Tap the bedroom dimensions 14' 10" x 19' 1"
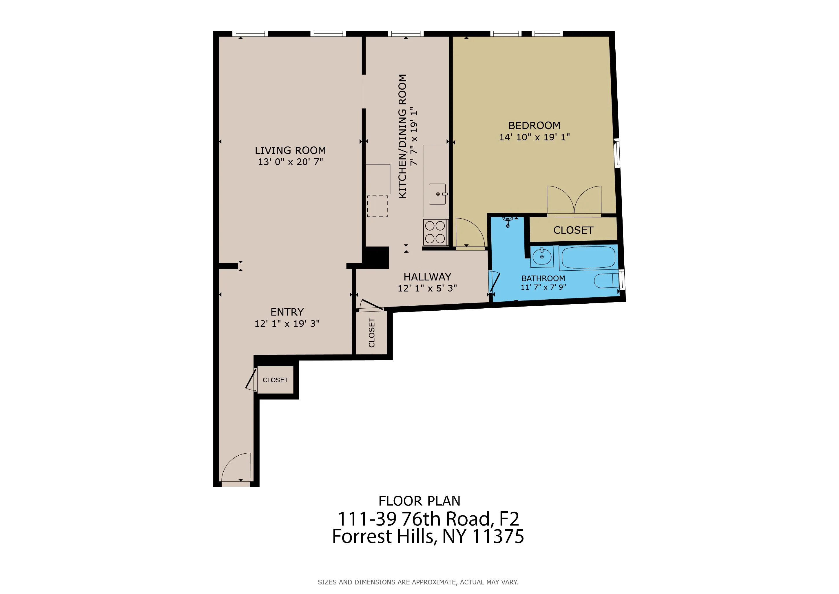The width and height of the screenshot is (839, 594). point(534,137)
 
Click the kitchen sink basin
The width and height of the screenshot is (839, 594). point(437,194)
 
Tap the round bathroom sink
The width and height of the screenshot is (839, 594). point(542,257)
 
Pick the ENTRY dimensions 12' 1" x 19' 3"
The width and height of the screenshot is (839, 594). point(287,324)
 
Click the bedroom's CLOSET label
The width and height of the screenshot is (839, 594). point(573,230)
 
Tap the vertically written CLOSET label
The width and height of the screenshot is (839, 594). point(372,332)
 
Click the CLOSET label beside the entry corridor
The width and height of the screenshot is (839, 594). point(275,380)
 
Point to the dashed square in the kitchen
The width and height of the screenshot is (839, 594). point(377,206)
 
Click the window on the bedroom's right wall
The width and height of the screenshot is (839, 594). point(617,153)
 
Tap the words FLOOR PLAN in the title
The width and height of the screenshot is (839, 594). point(419,501)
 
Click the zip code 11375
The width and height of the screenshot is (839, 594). point(498,537)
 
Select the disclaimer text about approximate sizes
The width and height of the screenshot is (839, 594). point(418,582)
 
